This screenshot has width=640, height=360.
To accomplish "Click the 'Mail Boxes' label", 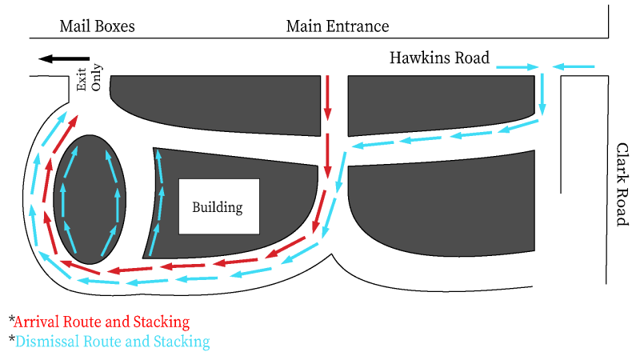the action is (x=97, y=26).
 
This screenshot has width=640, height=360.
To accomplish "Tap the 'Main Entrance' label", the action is (x=338, y=26).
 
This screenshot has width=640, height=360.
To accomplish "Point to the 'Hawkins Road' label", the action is (x=439, y=58).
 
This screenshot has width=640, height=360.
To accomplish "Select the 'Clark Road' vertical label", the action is (x=622, y=185).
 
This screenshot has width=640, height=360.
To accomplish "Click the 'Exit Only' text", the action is (x=90, y=78).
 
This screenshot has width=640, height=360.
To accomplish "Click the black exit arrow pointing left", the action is (x=64, y=58).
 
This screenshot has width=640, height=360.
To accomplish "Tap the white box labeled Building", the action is (x=219, y=206).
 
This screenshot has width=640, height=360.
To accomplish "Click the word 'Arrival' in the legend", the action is (x=36, y=322).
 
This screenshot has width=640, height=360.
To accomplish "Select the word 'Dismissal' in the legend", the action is (x=47, y=342).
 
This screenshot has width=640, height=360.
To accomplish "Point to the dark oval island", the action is (x=90, y=199).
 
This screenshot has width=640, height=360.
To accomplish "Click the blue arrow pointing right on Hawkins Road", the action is (x=517, y=67).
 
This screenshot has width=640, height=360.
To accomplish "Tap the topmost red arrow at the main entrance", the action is (x=327, y=98).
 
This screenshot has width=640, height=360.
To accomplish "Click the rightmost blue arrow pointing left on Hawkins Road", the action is (x=574, y=66).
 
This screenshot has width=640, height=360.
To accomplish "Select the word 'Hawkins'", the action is (x=419, y=58).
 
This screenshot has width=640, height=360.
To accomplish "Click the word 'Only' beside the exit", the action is (x=97, y=77).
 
